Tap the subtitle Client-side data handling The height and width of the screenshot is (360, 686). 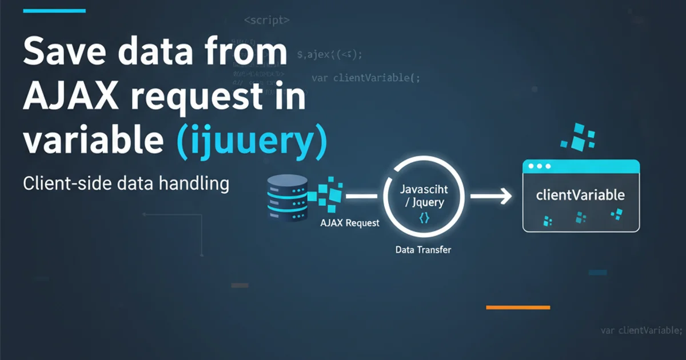(x=126, y=184)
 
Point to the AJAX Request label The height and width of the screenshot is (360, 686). (x=350, y=223)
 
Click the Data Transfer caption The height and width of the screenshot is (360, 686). (x=422, y=250)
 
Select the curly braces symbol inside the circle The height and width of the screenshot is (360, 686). (x=424, y=218)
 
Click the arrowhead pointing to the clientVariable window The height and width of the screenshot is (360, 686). (x=505, y=197)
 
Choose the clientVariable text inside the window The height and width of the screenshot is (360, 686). (x=580, y=195)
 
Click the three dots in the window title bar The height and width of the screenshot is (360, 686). (x=539, y=166)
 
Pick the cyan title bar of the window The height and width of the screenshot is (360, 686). (x=595, y=166)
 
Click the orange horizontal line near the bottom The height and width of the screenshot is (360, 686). (x=517, y=307)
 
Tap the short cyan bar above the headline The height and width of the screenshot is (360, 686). (x=55, y=11)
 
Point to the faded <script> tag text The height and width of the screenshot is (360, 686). (x=267, y=20)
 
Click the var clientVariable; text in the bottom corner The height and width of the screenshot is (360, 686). (x=641, y=330)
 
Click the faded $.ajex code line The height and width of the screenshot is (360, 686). (x=330, y=55)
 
